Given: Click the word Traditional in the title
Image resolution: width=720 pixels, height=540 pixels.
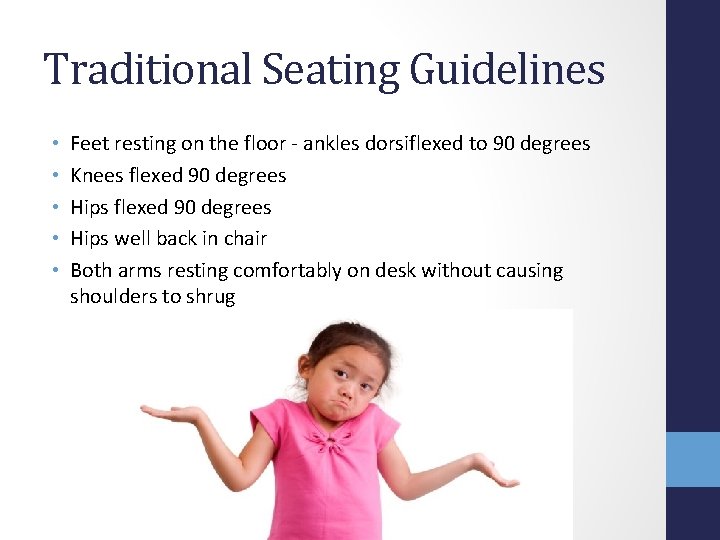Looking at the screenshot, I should [145, 70].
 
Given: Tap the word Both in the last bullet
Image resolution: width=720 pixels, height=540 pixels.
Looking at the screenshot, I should [91, 271].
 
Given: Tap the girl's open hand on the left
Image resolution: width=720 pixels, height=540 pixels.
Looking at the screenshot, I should [165, 412].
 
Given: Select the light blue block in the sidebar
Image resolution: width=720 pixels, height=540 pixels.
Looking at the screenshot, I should [693, 459].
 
